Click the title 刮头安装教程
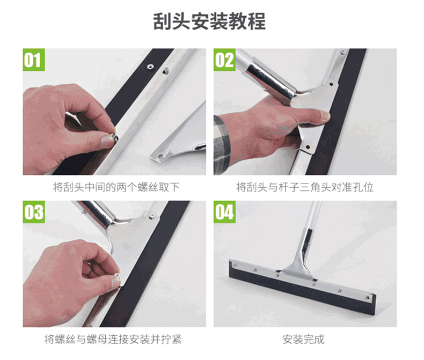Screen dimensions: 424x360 click(x=209, y=21)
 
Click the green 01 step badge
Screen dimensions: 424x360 click(x=33, y=60)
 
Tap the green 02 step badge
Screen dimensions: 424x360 click(x=224, y=60)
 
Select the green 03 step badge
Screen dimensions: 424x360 click(x=33, y=212)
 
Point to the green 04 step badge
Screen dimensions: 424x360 click(x=224, y=212)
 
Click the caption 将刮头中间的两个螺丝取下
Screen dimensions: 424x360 click(x=116, y=187)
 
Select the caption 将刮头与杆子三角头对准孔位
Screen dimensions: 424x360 click(x=305, y=187)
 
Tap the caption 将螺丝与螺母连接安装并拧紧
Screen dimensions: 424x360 click(x=113, y=339)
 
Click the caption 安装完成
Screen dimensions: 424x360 click(x=303, y=339)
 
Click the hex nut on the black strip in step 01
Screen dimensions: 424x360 click(x=149, y=67)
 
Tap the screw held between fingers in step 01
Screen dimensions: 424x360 click(x=114, y=135)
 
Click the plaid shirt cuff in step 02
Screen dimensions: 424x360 click(x=222, y=145)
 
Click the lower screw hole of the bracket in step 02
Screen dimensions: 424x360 click(x=308, y=148)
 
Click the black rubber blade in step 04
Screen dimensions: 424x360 click(x=302, y=287)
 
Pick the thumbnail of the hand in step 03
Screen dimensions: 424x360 click(x=116, y=283)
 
